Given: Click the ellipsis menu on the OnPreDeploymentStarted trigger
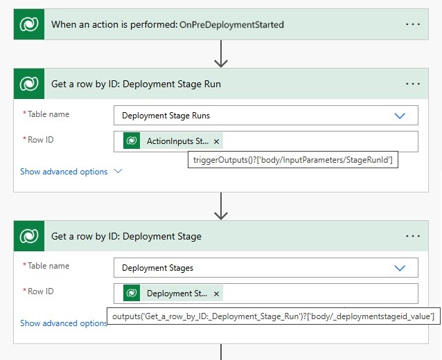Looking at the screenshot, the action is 413,24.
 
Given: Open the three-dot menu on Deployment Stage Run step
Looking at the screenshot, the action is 413,84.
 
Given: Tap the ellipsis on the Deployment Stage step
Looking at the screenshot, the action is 413,236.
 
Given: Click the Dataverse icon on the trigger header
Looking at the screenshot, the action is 29,24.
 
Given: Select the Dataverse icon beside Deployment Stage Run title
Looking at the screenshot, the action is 29,84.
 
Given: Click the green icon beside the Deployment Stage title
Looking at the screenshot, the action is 29,236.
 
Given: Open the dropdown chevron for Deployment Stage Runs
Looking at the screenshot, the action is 400,116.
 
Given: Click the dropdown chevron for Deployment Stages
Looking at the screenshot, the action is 400,268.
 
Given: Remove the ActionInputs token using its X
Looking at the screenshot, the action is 216,141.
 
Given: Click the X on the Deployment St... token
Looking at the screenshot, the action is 216,294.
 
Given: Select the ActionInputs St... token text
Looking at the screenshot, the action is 177,141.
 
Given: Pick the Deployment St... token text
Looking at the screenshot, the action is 177,294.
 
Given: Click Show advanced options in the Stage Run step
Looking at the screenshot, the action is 64,172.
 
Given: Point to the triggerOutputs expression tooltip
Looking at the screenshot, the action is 293,160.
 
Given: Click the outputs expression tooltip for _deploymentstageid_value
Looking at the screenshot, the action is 273,316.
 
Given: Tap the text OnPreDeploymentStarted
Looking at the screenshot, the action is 231,25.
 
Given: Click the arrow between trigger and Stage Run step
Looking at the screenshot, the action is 221,53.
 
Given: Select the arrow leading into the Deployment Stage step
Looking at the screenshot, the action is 221,206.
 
